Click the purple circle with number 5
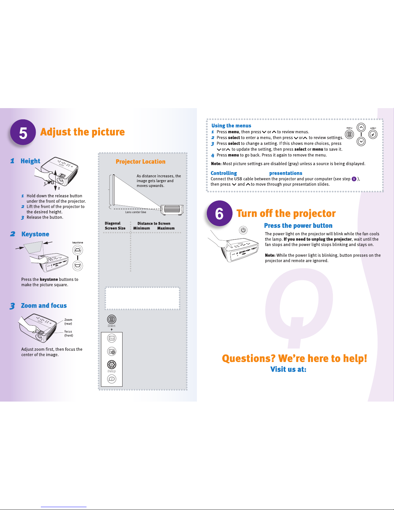[23, 132]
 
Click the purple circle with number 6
[219, 213]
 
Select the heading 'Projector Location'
[141, 162]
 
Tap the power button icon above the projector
[243, 230]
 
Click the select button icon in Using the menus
[373, 134]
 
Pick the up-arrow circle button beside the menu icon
[361, 127]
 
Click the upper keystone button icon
[78, 250]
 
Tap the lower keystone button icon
[78, 266]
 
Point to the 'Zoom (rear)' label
[68, 321]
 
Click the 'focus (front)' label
[69, 333]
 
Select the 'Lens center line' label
[135, 212]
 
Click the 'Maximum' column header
[166, 228]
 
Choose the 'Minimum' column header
[142, 228]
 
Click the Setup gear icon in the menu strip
[112, 365]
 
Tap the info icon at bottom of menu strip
[112, 379]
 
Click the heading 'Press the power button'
[298, 226]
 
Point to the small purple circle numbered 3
[354, 179]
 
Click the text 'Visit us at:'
[288, 369]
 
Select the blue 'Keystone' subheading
[35, 234]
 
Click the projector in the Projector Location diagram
[172, 209]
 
